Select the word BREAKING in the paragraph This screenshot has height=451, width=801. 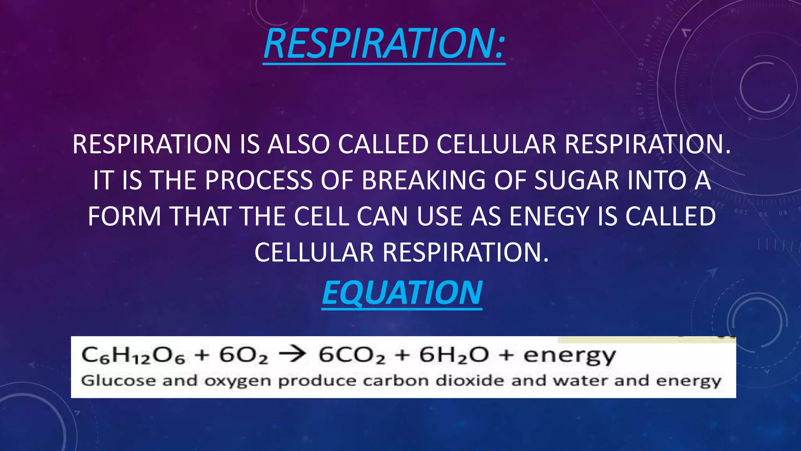423,180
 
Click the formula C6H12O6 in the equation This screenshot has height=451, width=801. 133,356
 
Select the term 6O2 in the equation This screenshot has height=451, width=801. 243,356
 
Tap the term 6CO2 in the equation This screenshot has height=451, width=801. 352,356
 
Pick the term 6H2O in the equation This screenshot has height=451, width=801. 454,356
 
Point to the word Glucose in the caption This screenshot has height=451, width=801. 118,381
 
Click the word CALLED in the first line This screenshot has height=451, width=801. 383,144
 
